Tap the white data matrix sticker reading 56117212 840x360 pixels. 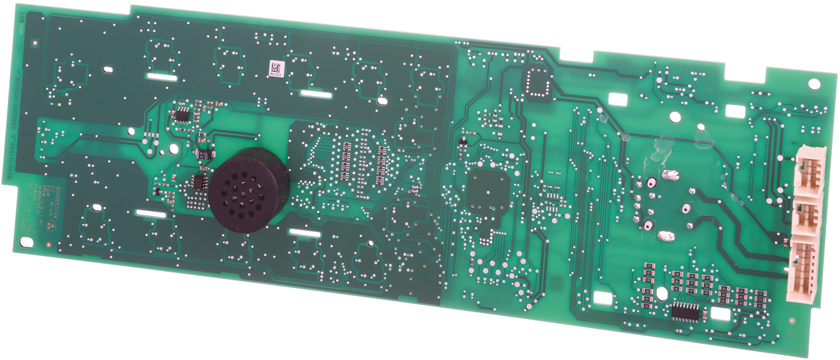(276, 69)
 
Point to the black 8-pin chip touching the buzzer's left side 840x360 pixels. (200, 182)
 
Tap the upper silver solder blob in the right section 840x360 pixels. (670, 175)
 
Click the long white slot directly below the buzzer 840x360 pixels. (305, 232)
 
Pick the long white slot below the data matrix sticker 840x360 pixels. (316, 94)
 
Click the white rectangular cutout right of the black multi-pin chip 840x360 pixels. (720, 314)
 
